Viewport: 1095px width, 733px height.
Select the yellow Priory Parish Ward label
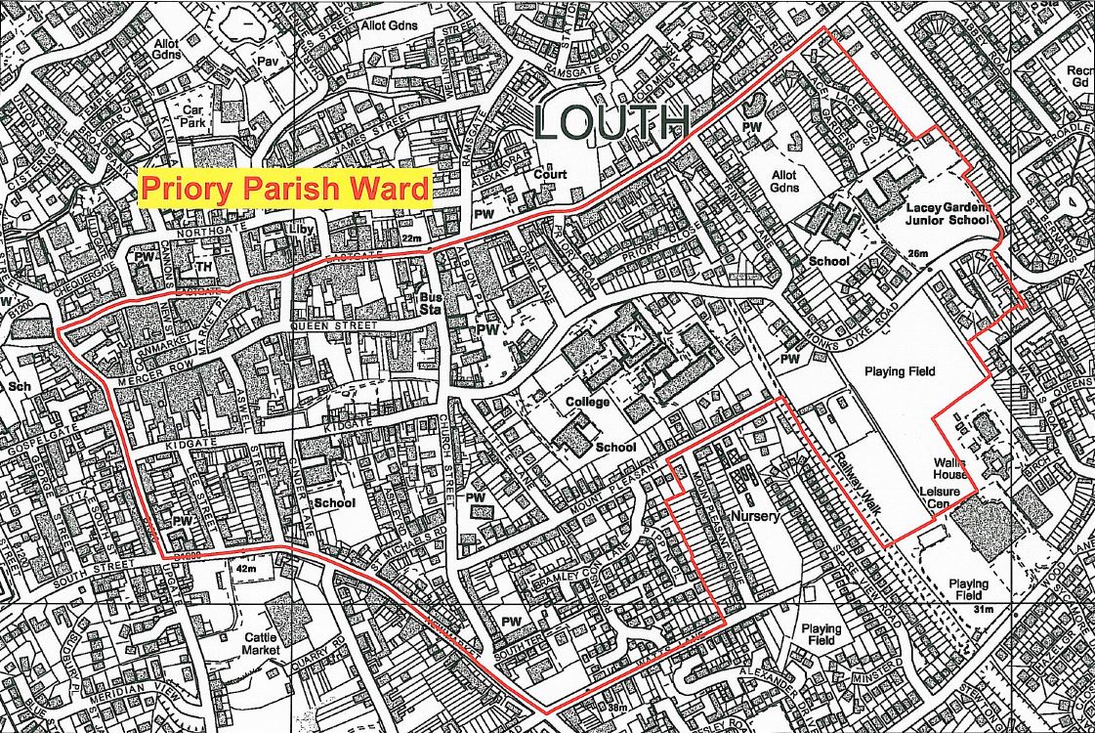[285, 188]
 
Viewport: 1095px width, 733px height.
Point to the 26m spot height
[916, 254]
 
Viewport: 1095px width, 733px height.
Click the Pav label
[267, 61]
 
